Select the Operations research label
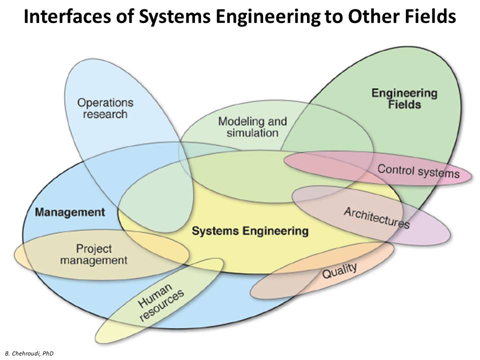click(x=105, y=108)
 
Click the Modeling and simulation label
click(x=252, y=127)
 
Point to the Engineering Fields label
click(x=404, y=98)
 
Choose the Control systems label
click(x=418, y=171)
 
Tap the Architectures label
click(x=376, y=217)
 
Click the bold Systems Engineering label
click(x=250, y=231)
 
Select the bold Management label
click(x=70, y=212)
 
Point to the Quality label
click(x=339, y=270)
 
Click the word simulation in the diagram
click(x=252, y=133)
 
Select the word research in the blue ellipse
click(x=105, y=114)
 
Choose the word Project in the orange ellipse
click(x=94, y=248)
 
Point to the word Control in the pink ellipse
click(x=394, y=169)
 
